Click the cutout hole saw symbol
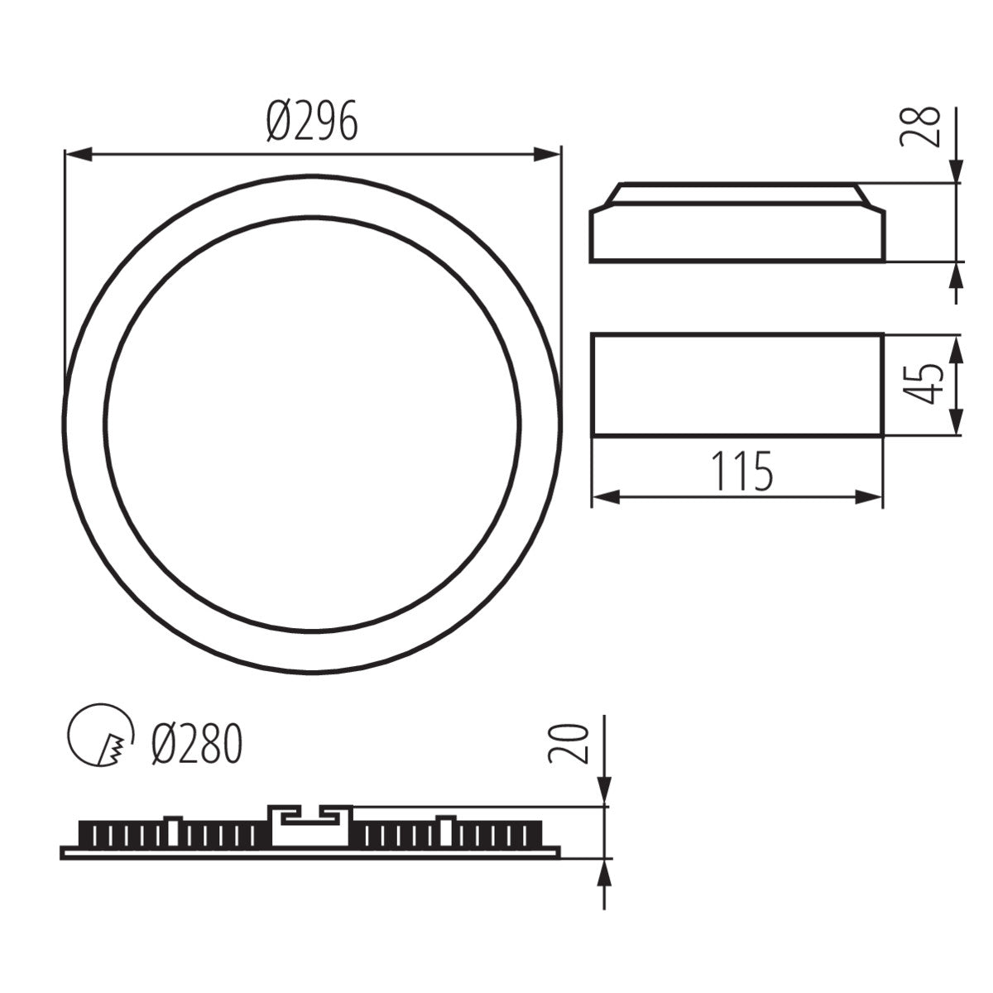(102, 736)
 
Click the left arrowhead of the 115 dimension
(607, 496)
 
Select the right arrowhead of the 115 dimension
(869, 496)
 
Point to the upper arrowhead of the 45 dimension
(957, 348)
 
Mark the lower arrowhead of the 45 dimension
(957, 422)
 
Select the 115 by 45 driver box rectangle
(736, 384)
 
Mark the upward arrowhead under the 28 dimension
(957, 277)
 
